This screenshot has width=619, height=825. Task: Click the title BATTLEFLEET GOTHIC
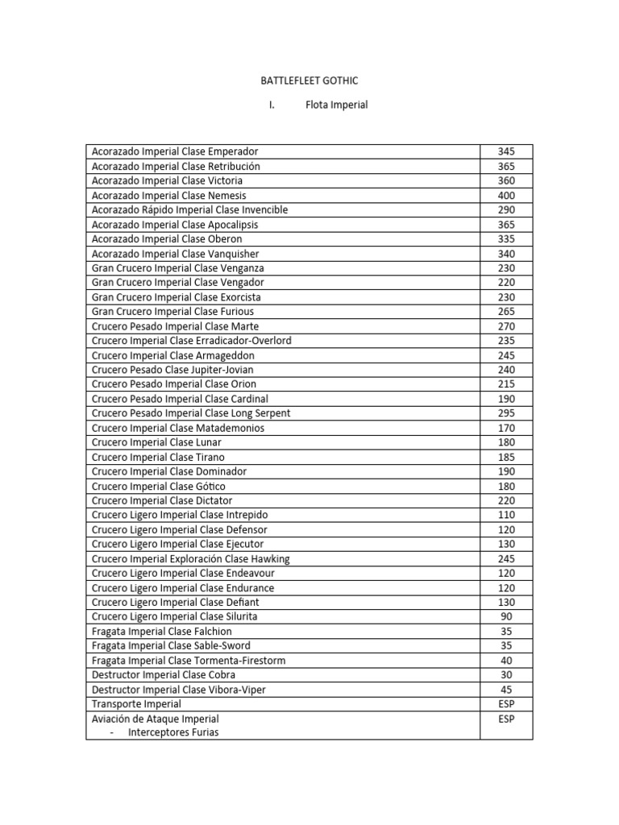tap(309, 81)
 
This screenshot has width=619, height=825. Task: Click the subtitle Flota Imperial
tap(336, 105)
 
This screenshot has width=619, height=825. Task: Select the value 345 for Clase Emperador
tap(506, 151)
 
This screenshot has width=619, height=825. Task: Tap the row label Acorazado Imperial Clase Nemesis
tap(169, 195)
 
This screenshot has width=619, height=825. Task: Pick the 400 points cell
tap(506, 195)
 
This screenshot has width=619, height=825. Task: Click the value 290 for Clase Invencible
tap(506, 209)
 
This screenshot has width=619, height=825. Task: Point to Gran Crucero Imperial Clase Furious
tap(172, 311)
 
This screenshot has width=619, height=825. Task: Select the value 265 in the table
tap(506, 311)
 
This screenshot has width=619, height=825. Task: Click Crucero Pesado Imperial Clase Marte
tap(175, 326)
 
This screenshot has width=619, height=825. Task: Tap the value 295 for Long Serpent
tap(506, 413)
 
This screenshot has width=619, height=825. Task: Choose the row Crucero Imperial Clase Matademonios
tap(178, 428)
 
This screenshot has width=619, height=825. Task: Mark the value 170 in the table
tap(506, 428)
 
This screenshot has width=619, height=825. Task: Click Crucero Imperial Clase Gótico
tap(159, 486)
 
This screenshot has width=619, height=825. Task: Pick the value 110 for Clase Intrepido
tap(506, 515)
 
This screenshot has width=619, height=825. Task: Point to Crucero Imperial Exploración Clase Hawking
tap(191, 558)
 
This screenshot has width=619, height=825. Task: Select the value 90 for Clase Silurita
tap(506, 616)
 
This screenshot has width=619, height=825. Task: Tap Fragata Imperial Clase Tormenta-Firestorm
tap(189, 661)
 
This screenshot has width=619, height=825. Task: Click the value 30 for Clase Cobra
tap(506, 675)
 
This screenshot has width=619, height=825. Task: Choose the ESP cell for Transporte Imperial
tap(506, 704)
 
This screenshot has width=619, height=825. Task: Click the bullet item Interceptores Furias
tap(173, 732)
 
